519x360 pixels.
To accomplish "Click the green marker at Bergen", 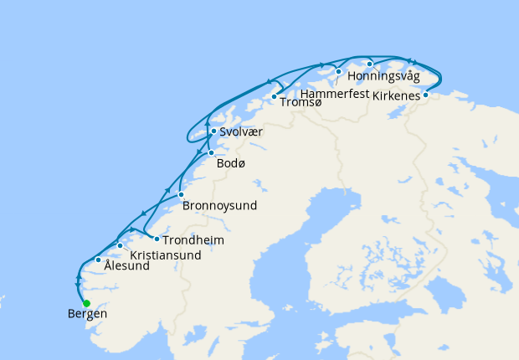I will tap(86, 303).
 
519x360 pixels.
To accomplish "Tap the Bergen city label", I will tap(87, 315).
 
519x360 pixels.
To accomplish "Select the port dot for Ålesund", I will tap(99, 260).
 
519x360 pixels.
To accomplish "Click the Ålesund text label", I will tap(127, 266).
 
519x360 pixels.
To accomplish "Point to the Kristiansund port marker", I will tap(121, 245).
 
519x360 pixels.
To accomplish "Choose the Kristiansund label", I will tap(166, 255).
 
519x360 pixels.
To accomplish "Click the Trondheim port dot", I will tap(157, 239).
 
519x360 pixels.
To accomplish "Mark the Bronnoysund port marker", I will tap(181, 194).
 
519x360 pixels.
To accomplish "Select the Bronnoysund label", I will tap(219, 205).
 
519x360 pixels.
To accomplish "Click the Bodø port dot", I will tap(211, 152).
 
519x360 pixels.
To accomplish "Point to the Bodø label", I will tap(231, 163).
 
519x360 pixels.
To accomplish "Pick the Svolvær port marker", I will tap(213, 131).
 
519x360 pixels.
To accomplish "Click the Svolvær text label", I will tap(244, 131).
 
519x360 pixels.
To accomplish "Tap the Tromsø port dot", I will tap(274, 97).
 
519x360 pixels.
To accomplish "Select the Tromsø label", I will tap(301, 102).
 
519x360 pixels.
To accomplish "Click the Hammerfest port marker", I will tap(338, 72).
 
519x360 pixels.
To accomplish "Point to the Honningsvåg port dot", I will tap(369, 64).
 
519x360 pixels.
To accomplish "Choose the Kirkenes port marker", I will tap(425, 95).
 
